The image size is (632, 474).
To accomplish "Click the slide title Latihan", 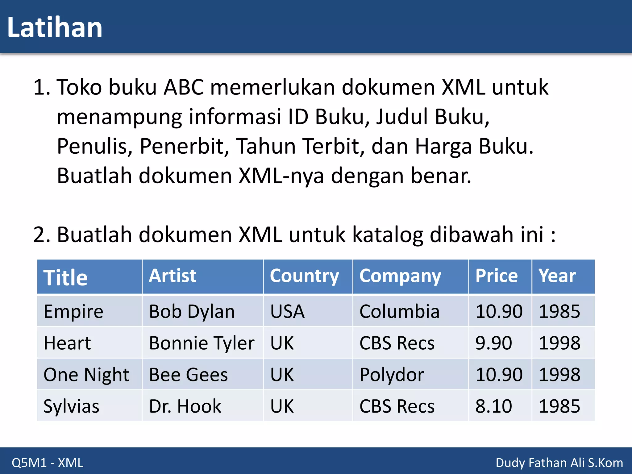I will point(55,28).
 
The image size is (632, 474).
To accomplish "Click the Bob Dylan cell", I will point(192,311).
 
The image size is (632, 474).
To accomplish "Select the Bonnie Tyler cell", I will point(202,343).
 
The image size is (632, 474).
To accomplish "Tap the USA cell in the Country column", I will point(287,311).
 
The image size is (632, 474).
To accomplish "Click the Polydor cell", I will point(392,375).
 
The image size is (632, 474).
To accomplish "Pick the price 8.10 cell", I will point(493,406).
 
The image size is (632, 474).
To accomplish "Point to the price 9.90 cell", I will point(493,343).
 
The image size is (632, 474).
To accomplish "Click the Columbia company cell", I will point(399,311).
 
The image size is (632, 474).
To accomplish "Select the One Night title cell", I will point(86,375).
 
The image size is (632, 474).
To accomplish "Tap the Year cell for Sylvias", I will point(559,406).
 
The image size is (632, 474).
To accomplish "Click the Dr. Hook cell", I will point(185,406).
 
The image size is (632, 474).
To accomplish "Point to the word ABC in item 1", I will point(184,87).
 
